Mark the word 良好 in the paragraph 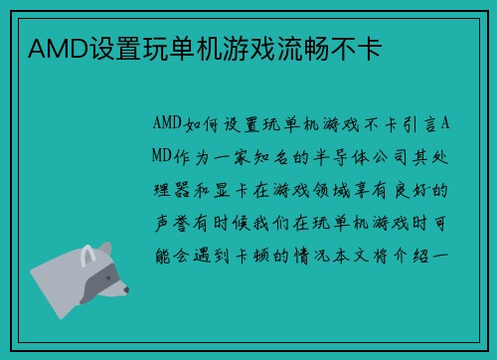point(438,188)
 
